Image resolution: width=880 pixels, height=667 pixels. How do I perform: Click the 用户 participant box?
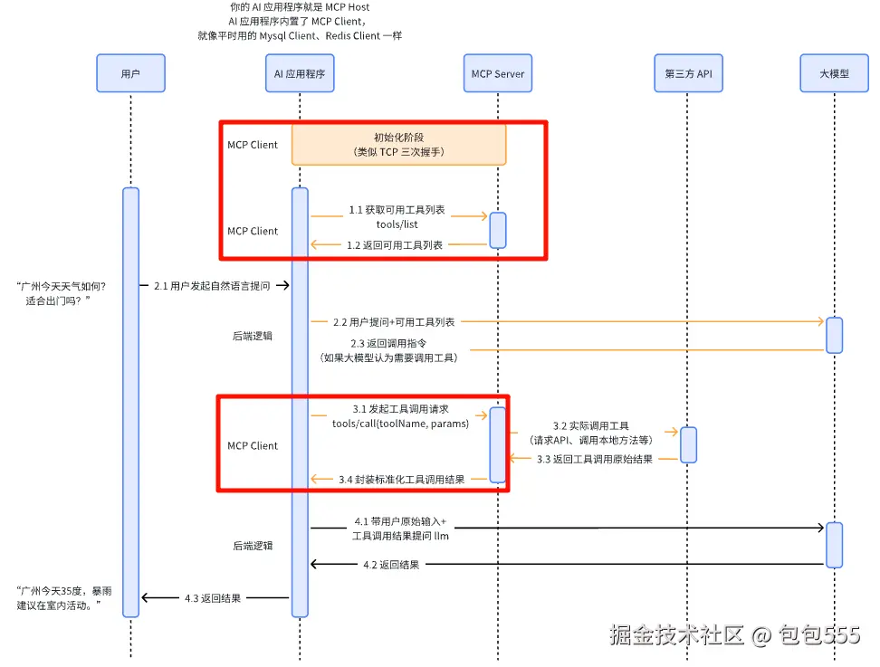tap(130, 73)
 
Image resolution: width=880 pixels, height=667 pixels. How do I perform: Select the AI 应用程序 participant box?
tap(300, 73)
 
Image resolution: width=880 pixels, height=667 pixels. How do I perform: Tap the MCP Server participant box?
tap(497, 73)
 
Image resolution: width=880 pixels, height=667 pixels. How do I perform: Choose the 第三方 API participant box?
tap(687, 73)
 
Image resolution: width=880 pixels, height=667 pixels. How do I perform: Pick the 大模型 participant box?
tap(834, 73)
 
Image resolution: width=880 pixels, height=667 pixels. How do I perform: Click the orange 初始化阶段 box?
tap(398, 145)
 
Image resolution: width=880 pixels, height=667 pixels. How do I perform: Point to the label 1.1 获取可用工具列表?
tap(397, 210)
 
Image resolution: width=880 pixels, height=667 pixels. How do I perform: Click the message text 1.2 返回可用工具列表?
tap(395, 244)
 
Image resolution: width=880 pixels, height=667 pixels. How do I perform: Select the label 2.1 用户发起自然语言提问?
tap(211, 286)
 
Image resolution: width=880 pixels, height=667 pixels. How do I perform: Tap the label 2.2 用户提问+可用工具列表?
tap(394, 321)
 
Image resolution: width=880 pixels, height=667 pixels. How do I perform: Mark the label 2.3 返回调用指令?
tap(389, 344)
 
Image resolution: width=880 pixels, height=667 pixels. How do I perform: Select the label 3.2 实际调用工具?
tap(591, 425)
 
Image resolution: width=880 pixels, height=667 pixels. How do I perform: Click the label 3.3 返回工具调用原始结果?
tap(594, 459)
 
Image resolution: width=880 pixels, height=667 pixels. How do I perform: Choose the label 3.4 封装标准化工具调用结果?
tap(401, 479)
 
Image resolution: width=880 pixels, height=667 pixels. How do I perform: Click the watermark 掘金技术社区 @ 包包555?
tap(734, 635)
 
